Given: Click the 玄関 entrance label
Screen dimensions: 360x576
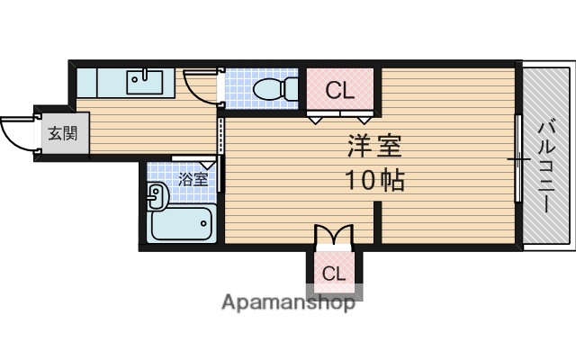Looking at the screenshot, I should [x=62, y=134].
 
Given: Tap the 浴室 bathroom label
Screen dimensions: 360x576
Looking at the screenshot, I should [x=193, y=178].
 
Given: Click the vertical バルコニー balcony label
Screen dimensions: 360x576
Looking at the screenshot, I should [x=546, y=166].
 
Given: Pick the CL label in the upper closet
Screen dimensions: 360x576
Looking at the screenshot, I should [x=339, y=90].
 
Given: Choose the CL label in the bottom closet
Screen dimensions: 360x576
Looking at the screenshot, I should [x=333, y=274].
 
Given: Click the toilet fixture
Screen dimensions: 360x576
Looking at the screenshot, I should [x=271, y=89].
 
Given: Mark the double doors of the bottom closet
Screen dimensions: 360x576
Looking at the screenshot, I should [x=333, y=237].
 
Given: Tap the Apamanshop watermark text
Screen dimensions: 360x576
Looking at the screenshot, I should [x=287, y=302].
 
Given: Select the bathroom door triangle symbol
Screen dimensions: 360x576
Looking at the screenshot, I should [x=208, y=163].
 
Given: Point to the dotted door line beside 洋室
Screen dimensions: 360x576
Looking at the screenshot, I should [x=220, y=135].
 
